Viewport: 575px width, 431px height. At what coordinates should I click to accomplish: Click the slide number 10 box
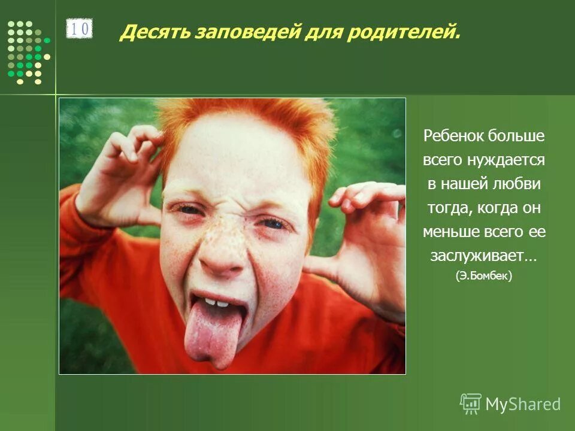pyautogui.click(x=79, y=29)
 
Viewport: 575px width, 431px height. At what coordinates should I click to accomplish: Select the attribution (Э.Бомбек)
pyautogui.click(x=483, y=277)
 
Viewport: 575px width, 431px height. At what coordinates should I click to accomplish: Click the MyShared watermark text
pyautogui.click(x=523, y=404)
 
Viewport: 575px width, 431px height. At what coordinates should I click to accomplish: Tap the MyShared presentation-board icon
pyautogui.click(x=471, y=404)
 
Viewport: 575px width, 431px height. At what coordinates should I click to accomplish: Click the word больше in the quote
pyautogui.click(x=516, y=136)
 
